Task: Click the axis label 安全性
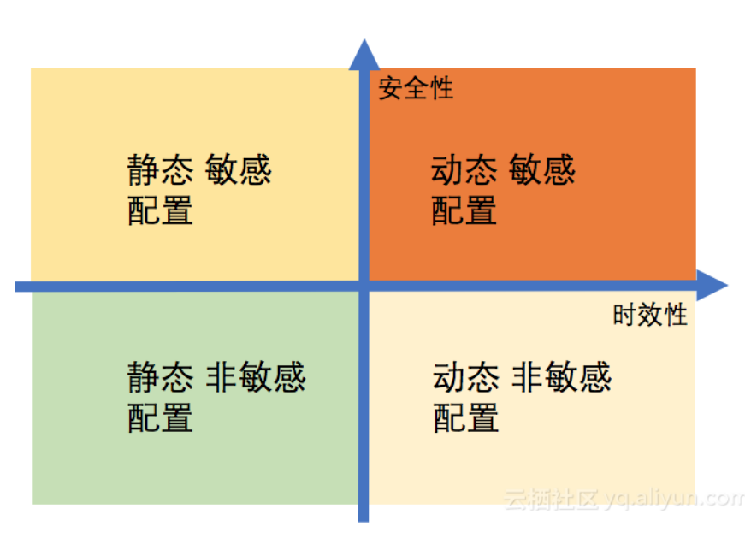416,87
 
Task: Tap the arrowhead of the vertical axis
364,53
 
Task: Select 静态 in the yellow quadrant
161,170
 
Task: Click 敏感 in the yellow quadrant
239,170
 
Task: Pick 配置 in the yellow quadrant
161,210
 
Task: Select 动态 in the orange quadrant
464,170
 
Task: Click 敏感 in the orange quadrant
542,170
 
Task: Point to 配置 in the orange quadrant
464,210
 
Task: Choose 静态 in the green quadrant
161,377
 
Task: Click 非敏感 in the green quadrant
256,377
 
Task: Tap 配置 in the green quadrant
161,417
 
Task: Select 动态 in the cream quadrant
465,377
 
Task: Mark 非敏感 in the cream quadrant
562,377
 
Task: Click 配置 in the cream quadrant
465,417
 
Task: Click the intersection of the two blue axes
364,286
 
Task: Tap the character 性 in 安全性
441,87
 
